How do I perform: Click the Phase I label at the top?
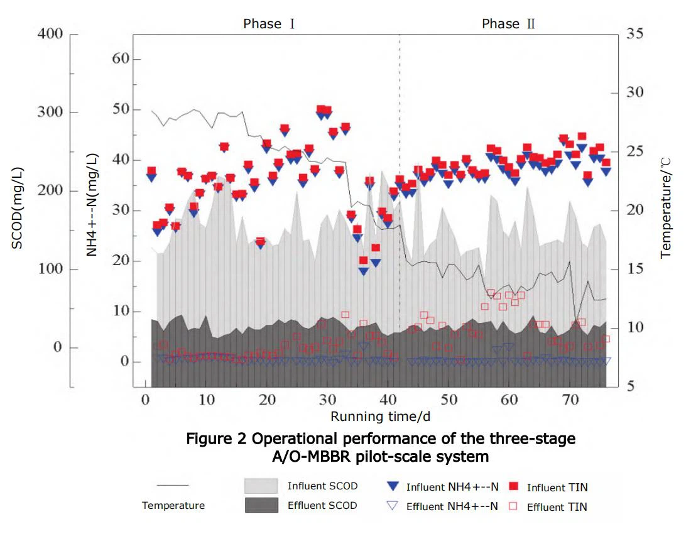[269, 24]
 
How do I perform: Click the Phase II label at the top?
[508, 24]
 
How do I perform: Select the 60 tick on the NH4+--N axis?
[121, 59]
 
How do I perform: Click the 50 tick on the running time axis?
[449, 400]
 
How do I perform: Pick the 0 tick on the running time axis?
[146, 400]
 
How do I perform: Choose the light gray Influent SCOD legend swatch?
[261, 486]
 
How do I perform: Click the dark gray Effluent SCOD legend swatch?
[261, 505]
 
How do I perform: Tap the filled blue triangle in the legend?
[393, 486]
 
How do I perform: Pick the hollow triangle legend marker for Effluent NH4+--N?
[393, 506]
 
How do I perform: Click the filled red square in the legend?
[513, 486]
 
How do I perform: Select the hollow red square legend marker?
[513, 506]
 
